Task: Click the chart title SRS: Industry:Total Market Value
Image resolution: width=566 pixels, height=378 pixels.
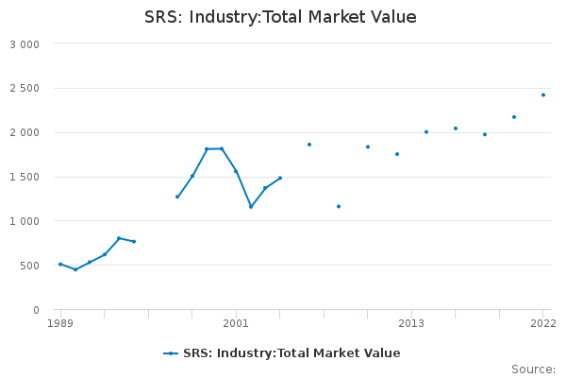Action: tap(280, 17)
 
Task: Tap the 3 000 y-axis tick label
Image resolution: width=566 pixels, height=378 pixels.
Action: tap(25, 44)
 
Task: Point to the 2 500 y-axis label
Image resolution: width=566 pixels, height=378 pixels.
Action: tap(25, 89)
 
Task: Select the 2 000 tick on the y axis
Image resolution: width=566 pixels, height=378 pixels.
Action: tap(25, 133)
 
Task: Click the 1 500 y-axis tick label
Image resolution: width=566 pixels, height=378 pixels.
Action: tap(25, 178)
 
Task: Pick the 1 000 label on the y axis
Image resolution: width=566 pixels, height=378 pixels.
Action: tap(25, 222)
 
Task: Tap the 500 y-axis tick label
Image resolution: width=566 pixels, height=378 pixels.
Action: tap(29, 266)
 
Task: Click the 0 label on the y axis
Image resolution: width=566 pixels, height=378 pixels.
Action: tap(36, 311)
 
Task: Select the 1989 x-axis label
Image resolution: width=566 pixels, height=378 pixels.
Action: tap(60, 324)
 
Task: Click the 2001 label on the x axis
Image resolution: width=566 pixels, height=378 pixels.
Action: tap(236, 324)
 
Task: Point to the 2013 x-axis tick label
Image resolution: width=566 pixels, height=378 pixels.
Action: tap(411, 324)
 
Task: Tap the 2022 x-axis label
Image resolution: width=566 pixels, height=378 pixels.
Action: tap(542, 324)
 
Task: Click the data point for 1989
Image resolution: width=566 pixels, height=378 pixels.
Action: tap(60, 265)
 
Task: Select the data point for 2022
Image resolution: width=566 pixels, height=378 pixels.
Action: tap(543, 94)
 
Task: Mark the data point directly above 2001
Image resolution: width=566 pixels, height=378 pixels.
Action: tap(236, 171)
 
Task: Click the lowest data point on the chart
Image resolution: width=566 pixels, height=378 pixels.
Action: tap(75, 269)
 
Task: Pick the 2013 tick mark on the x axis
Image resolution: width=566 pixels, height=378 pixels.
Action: tap(411, 313)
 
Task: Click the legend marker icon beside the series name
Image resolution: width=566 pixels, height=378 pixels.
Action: tap(171, 353)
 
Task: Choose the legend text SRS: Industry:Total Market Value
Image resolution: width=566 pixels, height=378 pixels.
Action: tap(291, 353)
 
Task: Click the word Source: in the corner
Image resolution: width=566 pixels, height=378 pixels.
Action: tap(533, 369)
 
